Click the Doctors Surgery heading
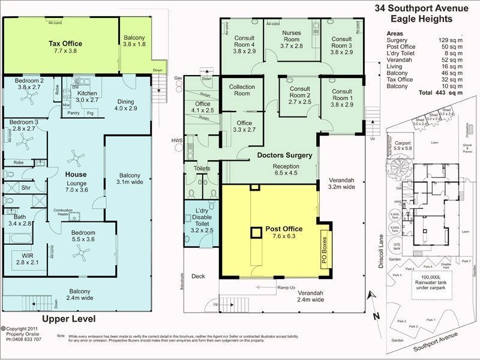click(285, 155)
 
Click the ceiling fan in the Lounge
click(74, 159)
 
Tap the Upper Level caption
click(69, 318)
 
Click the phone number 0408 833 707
click(25, 340)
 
